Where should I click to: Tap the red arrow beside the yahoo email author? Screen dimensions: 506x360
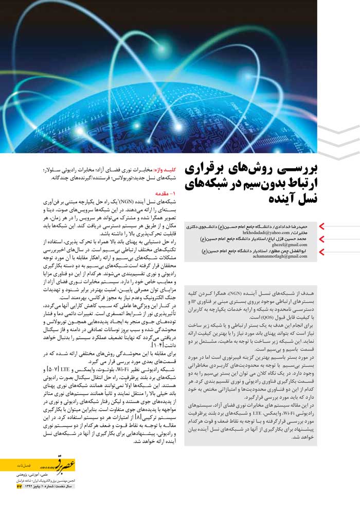pos(322,227)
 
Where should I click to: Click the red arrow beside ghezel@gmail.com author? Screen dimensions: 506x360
pos(322,239)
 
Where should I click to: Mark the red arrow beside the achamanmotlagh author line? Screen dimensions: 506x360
pos(322,251)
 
